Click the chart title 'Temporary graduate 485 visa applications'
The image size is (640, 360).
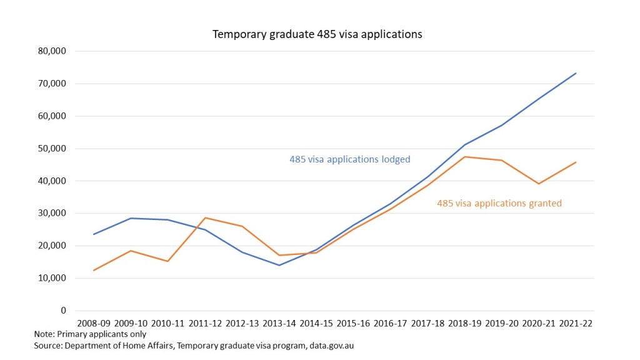[x=317, y=34]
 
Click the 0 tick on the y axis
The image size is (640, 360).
[x=63, y=311]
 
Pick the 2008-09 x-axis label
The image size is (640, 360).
[x=94, y=324]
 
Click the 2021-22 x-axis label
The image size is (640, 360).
[x=575, y=324]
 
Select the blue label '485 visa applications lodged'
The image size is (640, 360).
[x=349, y=159]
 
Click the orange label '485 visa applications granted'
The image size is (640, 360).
[x=499, y=203]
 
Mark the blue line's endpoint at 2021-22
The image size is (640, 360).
[x=576, y=73]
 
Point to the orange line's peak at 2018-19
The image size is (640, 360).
[x=465, y=157]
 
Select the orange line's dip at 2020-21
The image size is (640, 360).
[x=539, y=184]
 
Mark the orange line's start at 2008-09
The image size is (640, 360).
[x=94, y=270]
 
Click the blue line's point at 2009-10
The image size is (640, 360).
[x=130, y=218]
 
